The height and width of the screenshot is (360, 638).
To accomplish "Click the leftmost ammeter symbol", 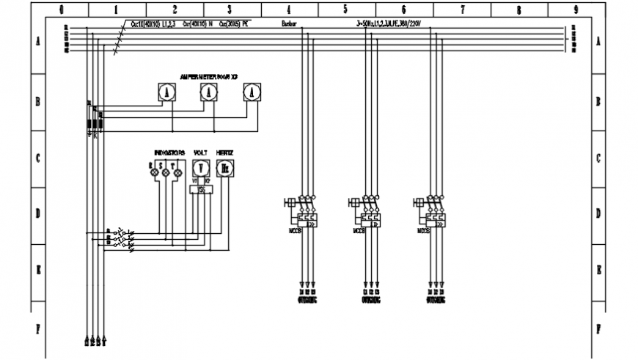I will pos(166,92).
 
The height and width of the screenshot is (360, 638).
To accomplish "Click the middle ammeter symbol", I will pos(209,92).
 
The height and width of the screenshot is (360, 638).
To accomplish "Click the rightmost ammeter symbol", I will pos(252,92).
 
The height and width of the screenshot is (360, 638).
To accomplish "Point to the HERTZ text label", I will pos(225,152).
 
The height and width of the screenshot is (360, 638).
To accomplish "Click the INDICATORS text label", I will pos(169,152).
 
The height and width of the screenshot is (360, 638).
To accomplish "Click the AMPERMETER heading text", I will pos(209,76).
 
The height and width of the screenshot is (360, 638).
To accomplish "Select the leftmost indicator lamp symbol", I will pos(155,172).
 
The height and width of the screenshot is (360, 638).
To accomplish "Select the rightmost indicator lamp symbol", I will pos(177,172).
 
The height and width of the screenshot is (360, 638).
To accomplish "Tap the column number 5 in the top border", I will pos(345,10).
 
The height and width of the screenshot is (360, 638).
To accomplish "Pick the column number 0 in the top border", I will pos(61,10).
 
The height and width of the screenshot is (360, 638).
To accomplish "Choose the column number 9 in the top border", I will pos(576,10).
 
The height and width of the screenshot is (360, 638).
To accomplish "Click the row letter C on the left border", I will pos(37,158).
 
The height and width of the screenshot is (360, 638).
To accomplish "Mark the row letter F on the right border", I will pos(599,328).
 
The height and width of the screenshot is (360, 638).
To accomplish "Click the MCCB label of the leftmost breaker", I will pos(294,231).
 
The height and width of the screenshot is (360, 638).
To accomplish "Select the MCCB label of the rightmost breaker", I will pos(423,231).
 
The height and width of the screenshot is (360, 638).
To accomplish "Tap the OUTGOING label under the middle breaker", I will pos(371,300).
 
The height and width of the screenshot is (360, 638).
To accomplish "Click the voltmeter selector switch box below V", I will pos(201,190).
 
